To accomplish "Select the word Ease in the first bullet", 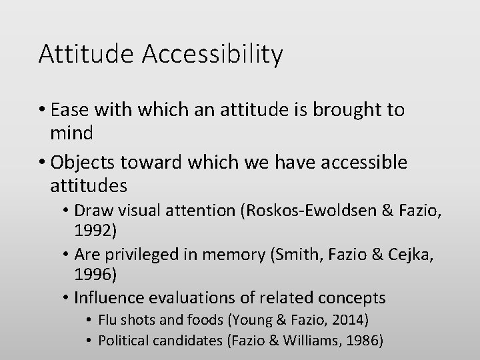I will coord(69,110).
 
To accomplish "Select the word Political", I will coord(124,341).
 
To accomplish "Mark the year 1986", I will coord(365,341).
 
